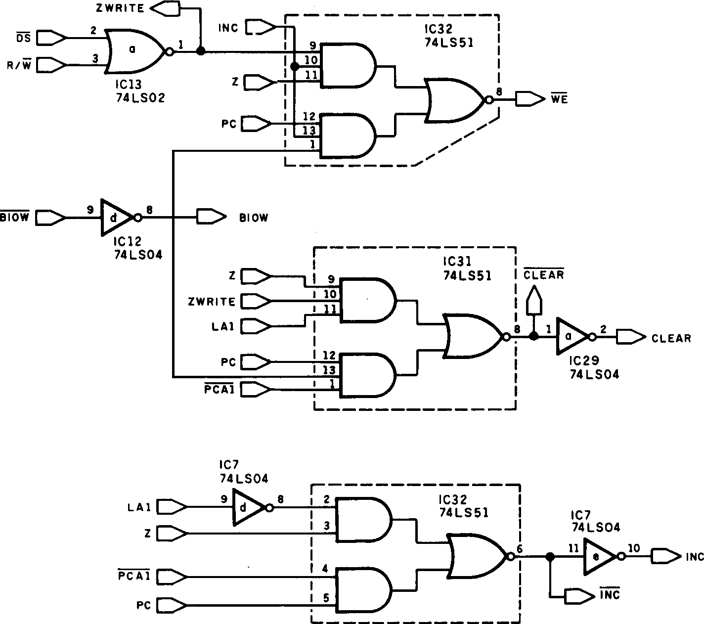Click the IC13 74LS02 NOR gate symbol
137,51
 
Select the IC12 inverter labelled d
118,218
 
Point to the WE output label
560,99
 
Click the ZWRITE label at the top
120,8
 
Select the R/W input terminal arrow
51,65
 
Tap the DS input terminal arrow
51,38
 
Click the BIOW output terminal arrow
212,217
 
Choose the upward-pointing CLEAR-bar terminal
534,300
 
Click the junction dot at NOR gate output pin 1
201,51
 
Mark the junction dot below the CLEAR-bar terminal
534,336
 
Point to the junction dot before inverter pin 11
550,557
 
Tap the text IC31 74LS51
467,268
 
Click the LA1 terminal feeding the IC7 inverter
172,507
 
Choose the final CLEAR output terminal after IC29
631,337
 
